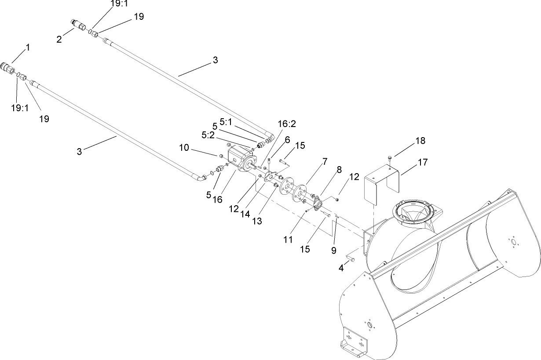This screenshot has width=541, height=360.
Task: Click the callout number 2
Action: (x=59, y=39)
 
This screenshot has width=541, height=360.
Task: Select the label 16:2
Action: (x=287, y=124)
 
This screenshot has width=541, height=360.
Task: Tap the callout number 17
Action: (x=422, y=162)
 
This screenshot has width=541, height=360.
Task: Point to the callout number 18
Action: (x=420, y=140)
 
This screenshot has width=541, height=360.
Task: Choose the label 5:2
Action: (x=208, y=136)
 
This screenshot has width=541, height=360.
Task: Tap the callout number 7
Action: (x=325, y=161)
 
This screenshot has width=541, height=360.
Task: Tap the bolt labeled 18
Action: (x=390, y=159)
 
